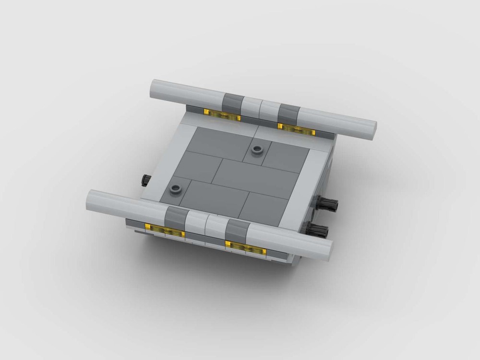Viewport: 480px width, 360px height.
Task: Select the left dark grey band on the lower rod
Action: tap(175, 216)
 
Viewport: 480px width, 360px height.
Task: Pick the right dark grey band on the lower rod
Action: tap(236, 229)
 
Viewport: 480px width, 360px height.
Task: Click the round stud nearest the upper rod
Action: tap(258, 150)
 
